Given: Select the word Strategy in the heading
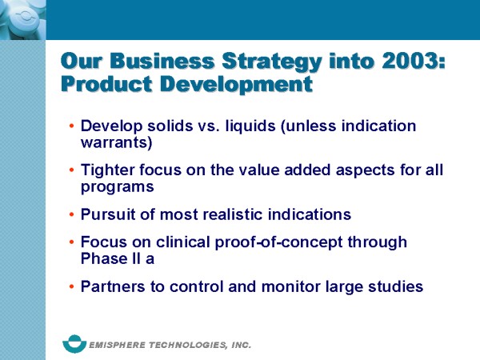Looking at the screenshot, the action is pyautogui.click(x=271, y=62).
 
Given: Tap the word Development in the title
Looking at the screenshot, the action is pyautogui.click(x=236, y=85).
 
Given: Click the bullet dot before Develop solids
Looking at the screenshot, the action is pyautogui.click(x=72, y=126).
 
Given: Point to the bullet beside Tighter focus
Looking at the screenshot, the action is pyautogui.click(x=72, y=170).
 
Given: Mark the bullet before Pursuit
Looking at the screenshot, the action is pyautogui.click(x=72, y=214).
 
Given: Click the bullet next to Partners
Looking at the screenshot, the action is pyautogui.click(x=72, y=286).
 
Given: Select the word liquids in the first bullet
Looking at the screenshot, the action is pyautogui.click(x=250, y=126).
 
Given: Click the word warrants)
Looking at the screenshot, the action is pyautogui.click(x=116, y=143).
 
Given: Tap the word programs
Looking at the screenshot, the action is pyautogui.click(x=118, y=187).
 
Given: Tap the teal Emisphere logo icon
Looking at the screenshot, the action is pyautogui.click(x=74, y=344).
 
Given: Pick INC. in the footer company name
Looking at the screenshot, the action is pyautogui.click(x=242, y=345).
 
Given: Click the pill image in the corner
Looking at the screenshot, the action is pyautogui.click(x=23, y=20).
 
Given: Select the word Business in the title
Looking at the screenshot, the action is pyautogui.click(x=162, y=61).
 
